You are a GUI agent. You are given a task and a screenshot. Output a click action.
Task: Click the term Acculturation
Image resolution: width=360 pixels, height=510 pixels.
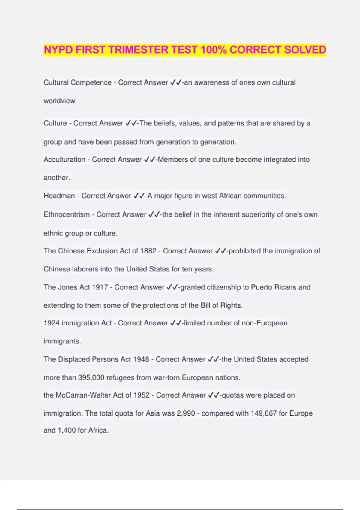coord(64,160)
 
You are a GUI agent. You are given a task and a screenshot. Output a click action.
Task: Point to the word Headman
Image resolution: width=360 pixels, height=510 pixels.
coord(59,196)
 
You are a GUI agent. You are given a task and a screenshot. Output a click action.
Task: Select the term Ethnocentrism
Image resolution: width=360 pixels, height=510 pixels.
coord(67,215)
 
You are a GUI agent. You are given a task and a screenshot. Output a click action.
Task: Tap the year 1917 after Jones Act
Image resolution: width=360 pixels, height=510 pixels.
coord(100,287)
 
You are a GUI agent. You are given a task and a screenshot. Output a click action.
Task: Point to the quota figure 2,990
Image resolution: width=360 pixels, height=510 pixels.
coord(186,413)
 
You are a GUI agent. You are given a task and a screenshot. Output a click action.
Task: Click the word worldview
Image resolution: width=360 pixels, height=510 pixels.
coord(59,101)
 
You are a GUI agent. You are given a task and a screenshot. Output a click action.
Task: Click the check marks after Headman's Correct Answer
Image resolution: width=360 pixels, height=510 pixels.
coord(139,196)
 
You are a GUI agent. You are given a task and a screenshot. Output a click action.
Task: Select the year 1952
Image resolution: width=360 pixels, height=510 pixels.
coord(142,395)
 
